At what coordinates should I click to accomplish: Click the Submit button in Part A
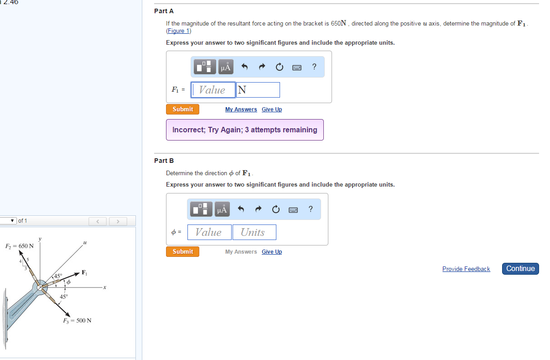[x=182, y=110]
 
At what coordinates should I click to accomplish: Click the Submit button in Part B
[x=182, y=252]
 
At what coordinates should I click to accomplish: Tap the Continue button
[x=520, y=269]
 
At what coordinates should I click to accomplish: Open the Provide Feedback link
[x=466, y=269]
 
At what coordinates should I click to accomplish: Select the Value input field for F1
[x=213, y=90]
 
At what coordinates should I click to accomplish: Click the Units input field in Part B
[x=254, y=232]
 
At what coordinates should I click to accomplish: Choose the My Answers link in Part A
[x=241, y=110]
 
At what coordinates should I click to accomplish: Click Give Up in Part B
[x=272, y=252]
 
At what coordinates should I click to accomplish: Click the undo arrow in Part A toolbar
[x=244, y=68]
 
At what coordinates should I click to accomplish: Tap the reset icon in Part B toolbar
[x=276, y=209]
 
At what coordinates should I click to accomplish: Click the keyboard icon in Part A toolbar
[x=297, y=68]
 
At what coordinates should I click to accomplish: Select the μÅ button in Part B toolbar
[x=222, y=209]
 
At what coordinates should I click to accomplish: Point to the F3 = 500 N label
[x=77, y=320]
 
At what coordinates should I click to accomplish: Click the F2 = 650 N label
[x=19, y=246]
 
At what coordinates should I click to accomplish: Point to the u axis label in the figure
[x=85, y=243]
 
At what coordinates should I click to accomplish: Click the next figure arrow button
[x=118, y=221]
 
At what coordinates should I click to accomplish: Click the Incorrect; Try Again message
[x=245, y=130]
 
